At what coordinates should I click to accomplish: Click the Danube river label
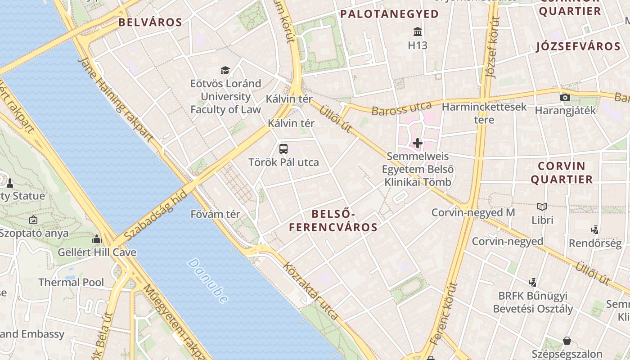208,280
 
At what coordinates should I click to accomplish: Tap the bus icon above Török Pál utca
283,149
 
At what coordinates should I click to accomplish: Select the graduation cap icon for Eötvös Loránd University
225,70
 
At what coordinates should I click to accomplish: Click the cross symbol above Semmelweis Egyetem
418,144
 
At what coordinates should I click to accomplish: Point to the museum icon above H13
418,32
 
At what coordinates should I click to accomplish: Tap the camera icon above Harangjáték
565,97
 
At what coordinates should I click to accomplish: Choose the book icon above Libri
543,207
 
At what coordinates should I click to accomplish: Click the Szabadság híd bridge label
155,216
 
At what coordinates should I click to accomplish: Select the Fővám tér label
216,214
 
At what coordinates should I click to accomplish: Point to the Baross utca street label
402,109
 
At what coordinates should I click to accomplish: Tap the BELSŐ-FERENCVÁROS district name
333,220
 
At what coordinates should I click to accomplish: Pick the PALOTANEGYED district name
389,14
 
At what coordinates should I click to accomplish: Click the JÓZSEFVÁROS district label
578,46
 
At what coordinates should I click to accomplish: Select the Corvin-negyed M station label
473,212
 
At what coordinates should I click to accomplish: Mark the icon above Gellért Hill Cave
97,239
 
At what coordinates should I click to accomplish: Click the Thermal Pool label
71,283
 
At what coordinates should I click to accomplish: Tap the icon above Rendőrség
595,230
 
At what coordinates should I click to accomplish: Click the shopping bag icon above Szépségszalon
567,341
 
